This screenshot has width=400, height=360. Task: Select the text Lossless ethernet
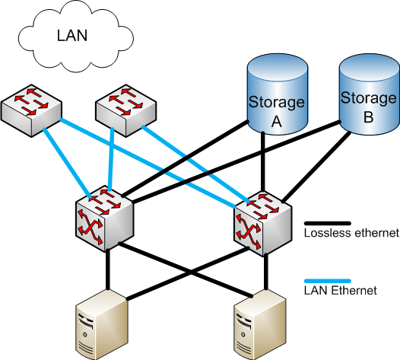[351, 234]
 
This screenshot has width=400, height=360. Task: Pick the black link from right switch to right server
[264, 268]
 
